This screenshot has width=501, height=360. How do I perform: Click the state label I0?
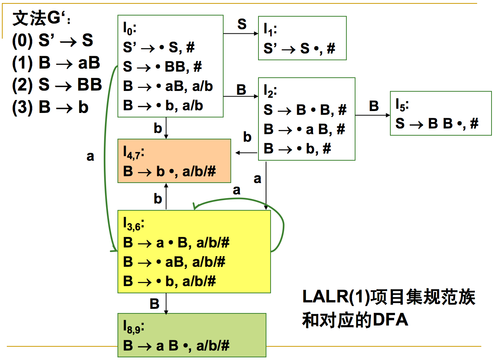129,28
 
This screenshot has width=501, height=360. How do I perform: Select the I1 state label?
270,29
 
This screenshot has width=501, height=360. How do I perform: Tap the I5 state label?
402,104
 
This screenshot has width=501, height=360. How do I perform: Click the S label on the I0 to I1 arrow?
242,25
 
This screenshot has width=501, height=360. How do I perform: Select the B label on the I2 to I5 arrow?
374,106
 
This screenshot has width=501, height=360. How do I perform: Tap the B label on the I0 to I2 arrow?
241,90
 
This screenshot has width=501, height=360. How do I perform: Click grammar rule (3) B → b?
50,107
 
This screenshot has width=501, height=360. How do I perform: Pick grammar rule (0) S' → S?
53,40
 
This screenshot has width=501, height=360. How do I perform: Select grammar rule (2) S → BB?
57,85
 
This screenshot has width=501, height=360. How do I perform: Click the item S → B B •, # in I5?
437,124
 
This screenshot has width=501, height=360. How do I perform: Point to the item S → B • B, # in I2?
305,110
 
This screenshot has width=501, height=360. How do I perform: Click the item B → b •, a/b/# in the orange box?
169,171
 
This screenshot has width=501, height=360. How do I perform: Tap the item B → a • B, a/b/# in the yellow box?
176,243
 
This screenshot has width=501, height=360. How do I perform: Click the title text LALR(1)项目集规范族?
388,297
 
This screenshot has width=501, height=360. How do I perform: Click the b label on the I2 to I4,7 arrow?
247,137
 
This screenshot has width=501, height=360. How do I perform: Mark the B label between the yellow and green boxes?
154,304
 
